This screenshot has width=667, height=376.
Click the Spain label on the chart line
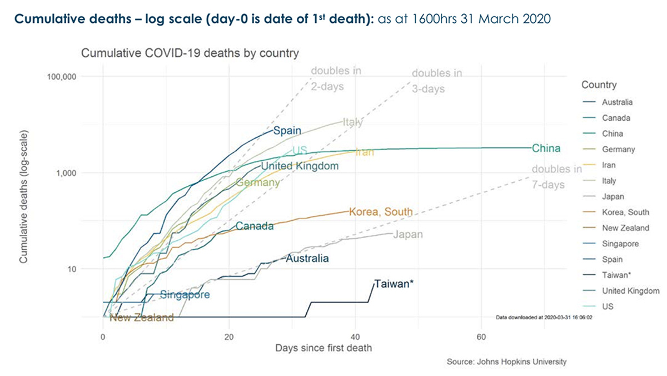(287, 131)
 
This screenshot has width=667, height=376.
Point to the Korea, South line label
(381, 212)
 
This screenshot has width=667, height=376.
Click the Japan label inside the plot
(408, 235)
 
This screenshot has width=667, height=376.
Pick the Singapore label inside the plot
(185, 295)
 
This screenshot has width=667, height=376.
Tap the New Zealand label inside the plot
(142, 318)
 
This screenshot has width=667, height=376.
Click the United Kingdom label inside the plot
(300, 166)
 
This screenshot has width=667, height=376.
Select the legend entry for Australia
(617, 102)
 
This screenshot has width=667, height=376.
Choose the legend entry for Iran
(609, 165)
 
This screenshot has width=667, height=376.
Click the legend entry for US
(608, 306)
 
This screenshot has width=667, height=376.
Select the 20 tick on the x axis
(229, 337)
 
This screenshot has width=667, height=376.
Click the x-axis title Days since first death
(323, 349)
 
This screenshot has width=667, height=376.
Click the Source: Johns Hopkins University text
(506, 362)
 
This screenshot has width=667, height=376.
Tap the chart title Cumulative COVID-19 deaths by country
(190, 54)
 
